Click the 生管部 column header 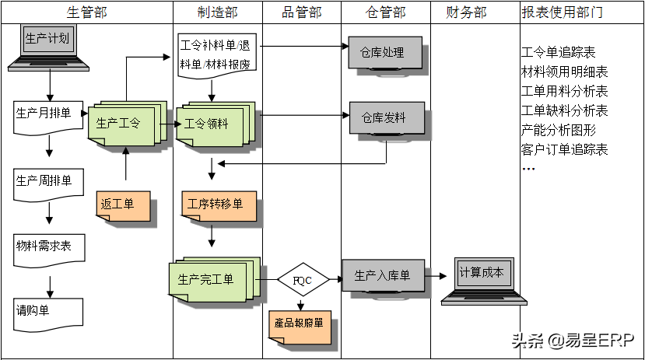pyautogui.click(x=87, y=12)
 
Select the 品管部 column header pyautogui.click(x=302, y=12)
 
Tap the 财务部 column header pyautogui.click(x=466, y=12)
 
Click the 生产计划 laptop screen pyautogui.click(x=47, y=39)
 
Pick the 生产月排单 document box pyautogui.click(x=48, y=118)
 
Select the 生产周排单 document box pyautogui.click(x=48, y=185)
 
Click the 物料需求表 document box pyautogui.click(x=49, y=250)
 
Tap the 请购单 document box pyautogui.click(x=48, y=315)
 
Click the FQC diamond pyautogui.click(x=303, y=280)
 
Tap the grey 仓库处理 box pyautogui.click(x=385, y=53)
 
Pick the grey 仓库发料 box pyautogui.click(x=387, y=118)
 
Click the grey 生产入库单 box pyautogui.click(x=384, y=275)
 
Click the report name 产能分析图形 pyautogui.click(x=558, y=131)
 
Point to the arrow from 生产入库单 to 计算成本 pyautogui.click(x=436, y=276)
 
